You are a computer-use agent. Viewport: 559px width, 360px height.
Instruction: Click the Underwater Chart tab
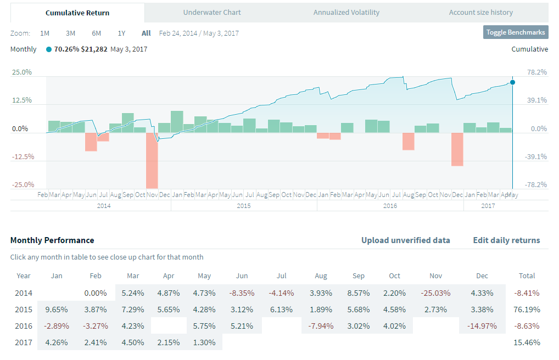(212, 12)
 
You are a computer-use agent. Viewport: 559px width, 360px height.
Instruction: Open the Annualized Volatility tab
(346, 12)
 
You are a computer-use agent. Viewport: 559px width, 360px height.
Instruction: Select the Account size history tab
(480, 12)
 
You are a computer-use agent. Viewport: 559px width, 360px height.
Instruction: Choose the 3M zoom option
(70, 33)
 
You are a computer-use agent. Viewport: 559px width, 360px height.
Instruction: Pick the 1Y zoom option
(122, 33)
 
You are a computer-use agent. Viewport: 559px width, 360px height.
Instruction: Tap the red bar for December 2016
(457, 149)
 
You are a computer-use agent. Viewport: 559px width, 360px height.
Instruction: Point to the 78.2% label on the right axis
(536, 72)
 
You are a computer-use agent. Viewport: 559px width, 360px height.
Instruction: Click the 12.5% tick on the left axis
(21, 100)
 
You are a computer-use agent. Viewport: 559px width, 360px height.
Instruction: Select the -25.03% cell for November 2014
(435, 293)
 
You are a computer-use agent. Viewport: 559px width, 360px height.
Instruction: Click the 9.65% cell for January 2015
(56, 310)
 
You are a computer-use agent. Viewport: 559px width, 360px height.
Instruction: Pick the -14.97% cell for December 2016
(482, 326)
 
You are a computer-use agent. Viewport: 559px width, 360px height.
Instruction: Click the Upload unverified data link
(405, 240)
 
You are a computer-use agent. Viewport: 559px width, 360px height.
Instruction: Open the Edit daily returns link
(506, 240)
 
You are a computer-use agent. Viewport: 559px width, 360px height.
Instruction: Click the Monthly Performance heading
(52, 240)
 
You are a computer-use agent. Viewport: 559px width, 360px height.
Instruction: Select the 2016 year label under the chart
(390, 206)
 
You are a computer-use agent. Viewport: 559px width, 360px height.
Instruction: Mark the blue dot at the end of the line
(512, 82)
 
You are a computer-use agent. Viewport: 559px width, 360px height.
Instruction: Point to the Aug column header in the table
(321, 275)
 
